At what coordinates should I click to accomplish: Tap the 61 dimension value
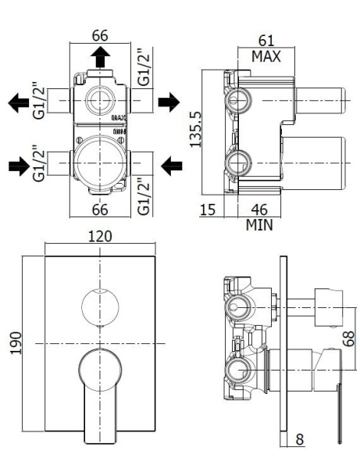266,40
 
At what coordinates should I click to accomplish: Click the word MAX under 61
266,56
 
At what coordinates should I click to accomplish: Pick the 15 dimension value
207,209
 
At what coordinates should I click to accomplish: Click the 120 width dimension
101,236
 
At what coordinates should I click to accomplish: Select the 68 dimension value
348,338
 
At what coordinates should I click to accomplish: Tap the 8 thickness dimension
301,440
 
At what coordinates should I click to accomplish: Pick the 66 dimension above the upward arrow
100,37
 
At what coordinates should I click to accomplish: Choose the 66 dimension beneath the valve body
100,209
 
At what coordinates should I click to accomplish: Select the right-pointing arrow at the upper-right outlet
169,102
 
